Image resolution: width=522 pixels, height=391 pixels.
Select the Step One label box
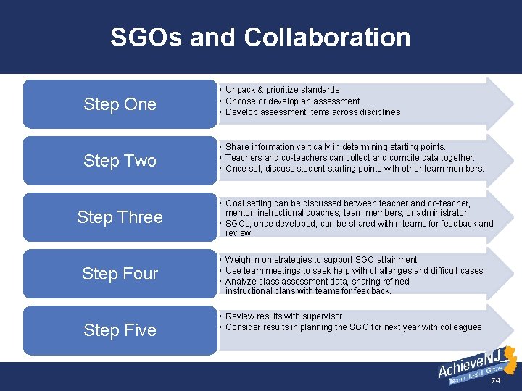(120, 104)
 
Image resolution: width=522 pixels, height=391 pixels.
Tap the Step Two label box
(120, 161)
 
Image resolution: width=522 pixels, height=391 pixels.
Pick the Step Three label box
(120, 217)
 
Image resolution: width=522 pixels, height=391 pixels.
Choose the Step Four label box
(120, 274)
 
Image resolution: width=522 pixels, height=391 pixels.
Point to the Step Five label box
(120, 330)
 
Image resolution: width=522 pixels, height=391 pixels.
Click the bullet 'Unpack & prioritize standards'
(282, 90)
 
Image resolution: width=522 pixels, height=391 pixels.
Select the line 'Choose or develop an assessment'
(292, 101)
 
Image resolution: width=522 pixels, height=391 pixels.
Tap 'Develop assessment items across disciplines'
(312, 112)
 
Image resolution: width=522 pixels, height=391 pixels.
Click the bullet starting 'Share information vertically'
(336, 146)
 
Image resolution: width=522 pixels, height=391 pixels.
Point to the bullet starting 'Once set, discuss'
(355, 169)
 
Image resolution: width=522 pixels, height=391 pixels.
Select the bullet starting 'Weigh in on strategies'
(321, 259)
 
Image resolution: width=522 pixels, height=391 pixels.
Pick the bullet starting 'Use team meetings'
(354, 271)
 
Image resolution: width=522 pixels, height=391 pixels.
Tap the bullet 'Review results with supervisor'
(283, 316)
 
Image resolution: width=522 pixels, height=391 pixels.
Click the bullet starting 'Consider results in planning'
(353, 327)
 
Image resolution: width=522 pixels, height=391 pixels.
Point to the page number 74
(496, 381)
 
